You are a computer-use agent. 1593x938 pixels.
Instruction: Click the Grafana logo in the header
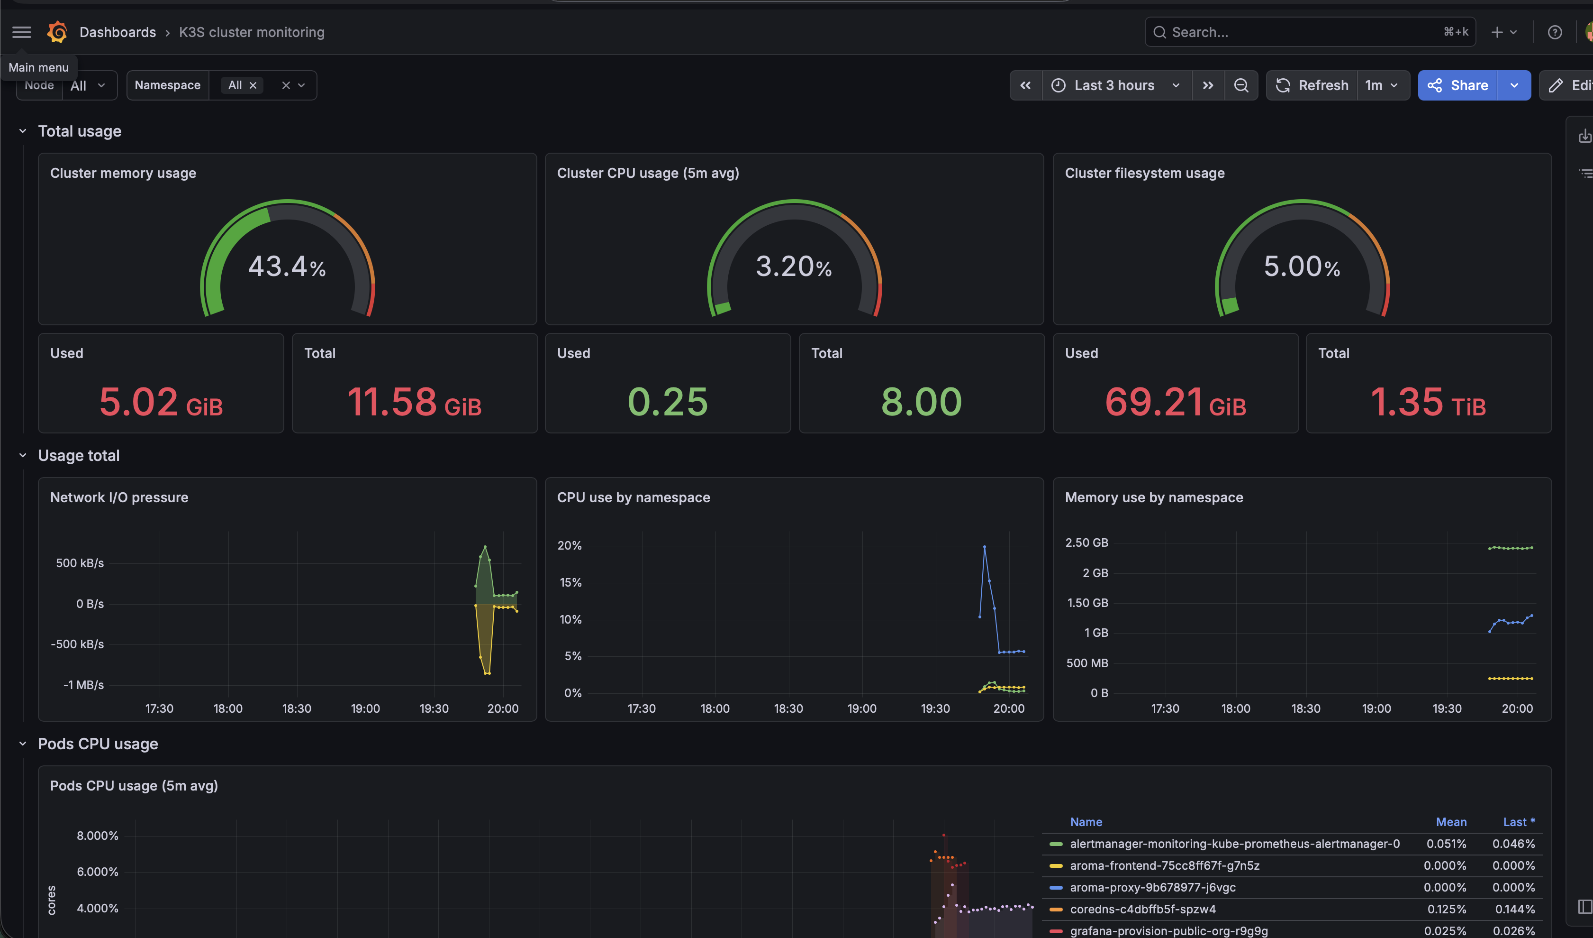click(57, 32)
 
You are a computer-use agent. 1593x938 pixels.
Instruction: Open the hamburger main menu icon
click(21, 32)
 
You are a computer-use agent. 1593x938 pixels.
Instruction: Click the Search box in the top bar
click(1310, 32)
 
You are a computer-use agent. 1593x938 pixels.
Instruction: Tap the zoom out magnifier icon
click(1241, 85)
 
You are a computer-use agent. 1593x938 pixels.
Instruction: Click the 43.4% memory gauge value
click(287, 267)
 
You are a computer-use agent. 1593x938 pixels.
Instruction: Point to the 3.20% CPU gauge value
click(794, 267)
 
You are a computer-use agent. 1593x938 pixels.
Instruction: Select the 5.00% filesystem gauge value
click(1302, 267)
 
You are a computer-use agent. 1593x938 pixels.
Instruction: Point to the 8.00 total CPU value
click(922, 402)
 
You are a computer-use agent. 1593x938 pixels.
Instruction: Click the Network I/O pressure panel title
click(119, 497)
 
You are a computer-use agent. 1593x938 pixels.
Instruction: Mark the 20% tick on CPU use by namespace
click(569, 545)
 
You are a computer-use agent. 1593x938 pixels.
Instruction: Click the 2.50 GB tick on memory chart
click(1086, 543)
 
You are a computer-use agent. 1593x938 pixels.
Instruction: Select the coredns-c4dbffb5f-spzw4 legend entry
click(1143, 909)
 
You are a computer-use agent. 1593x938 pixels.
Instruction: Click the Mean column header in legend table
click(1451, 822)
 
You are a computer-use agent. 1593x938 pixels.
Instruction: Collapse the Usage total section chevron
click(23, 455)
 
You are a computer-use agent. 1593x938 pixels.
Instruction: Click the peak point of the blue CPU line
click(984, 546)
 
